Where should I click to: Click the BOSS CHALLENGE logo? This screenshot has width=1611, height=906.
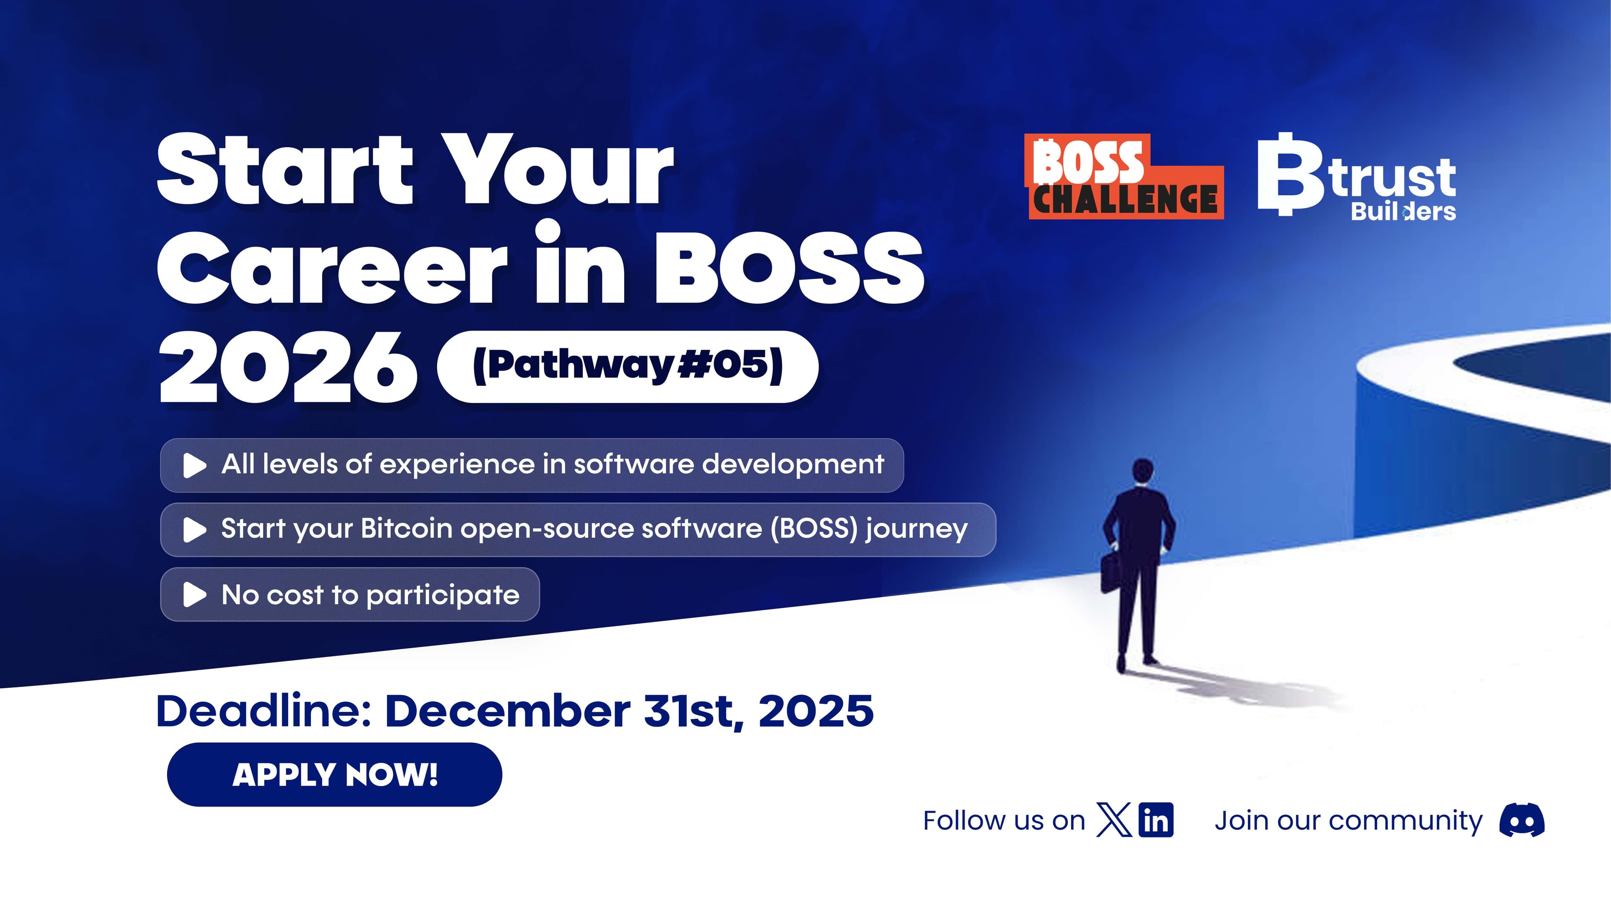pyautogui.click(x=1124, y=177)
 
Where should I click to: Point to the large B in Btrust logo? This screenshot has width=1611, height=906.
pyautogui.click(x=1288, y=175)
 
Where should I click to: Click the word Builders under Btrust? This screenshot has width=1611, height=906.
pyautogui.click(x=1403, y=212)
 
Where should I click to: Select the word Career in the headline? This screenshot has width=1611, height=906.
pyautogui.click(x=331, y=269)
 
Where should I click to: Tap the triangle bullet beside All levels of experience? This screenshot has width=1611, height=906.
pyautogui.click(x=194, y=465)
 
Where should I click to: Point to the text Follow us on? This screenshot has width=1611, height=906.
pyautogui.click(x=1003, y=820)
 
